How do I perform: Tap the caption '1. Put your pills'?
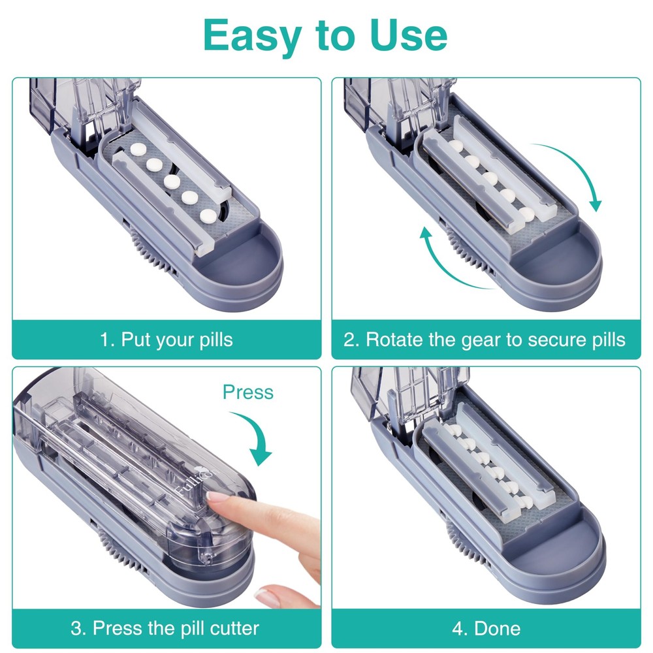(x=167, y=340)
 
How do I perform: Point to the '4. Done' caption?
(x=486, y=629)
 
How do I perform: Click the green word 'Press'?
(x=247, y=392)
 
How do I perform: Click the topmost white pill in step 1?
(x=138, y=150)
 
